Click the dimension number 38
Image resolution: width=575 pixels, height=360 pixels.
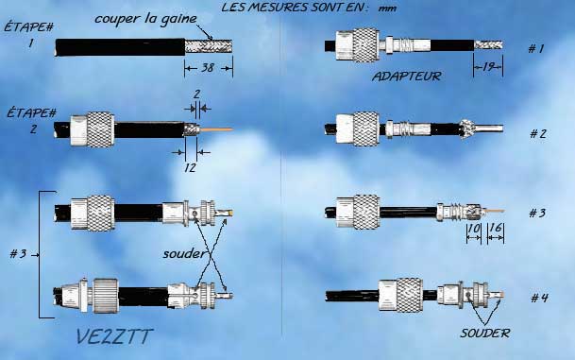tap(208, 68)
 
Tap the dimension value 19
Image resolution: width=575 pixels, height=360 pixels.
tap(489, 67)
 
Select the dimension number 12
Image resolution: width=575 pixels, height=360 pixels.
tap(190, 167)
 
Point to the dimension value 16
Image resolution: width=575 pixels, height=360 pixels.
tap(496, 228)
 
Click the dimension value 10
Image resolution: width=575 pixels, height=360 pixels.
tap(474, 229)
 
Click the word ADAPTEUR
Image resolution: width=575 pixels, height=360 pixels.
tap(407, 77)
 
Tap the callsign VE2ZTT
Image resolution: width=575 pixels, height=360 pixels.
tap(114, 336)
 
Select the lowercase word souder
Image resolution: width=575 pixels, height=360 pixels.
tap(184, 253)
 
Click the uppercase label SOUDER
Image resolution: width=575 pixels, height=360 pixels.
tap(484, 334)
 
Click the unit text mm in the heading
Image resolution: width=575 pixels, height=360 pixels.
tap(387, 9)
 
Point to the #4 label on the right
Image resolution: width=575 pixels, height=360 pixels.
tap(539, 298)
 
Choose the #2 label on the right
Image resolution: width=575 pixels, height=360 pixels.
tap(538, 133)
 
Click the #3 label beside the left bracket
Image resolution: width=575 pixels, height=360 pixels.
tap(18, 253)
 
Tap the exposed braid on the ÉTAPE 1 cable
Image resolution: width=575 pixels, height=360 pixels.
tap(209, 47)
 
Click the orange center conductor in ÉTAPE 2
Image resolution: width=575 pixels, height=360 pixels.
tap(216, 129)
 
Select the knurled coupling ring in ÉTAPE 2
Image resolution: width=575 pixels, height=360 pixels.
tap(100, 129)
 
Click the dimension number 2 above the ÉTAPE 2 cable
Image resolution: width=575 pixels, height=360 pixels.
tap(196, 94)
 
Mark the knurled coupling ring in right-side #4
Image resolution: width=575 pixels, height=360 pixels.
tap(410, 295)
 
